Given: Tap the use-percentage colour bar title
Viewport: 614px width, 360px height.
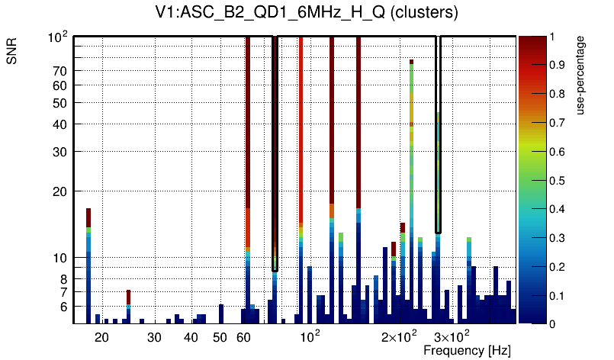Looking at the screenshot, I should (580, 74).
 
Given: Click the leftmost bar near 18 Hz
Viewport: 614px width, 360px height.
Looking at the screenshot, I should (88, 267).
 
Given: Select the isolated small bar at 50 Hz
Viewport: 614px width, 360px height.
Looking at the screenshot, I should (221, 313).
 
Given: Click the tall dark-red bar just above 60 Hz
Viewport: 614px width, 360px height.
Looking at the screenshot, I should (248, 153).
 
